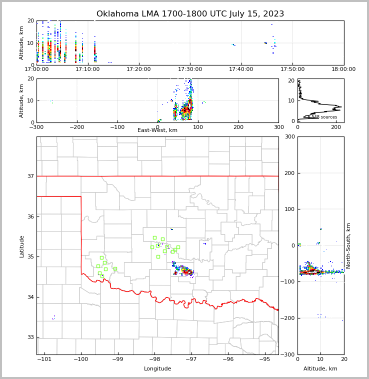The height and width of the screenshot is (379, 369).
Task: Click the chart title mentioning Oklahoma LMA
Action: pos(190,14)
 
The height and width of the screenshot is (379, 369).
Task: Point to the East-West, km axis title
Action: pos(157,130)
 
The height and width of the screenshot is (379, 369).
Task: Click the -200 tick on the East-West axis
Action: pos(76,127)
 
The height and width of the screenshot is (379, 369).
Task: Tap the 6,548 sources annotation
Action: pos(322,117)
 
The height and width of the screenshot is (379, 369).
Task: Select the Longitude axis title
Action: pos(157,369)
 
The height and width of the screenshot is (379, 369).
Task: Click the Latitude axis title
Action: pos(21,246)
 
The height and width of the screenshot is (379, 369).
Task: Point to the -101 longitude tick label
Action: pos(44,359)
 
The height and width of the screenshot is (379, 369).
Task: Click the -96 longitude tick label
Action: pos(228,359)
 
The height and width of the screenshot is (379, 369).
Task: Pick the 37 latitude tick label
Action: pos(30,176)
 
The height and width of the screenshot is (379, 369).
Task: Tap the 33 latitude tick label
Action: pos(30,337)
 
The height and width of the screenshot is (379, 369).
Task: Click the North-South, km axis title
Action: pos(348,245)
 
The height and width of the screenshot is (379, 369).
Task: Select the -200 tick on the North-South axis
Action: pos(289,318)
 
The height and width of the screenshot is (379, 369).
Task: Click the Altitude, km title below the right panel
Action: pos(320,369)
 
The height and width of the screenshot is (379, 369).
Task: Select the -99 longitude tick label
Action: pos(117,359)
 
